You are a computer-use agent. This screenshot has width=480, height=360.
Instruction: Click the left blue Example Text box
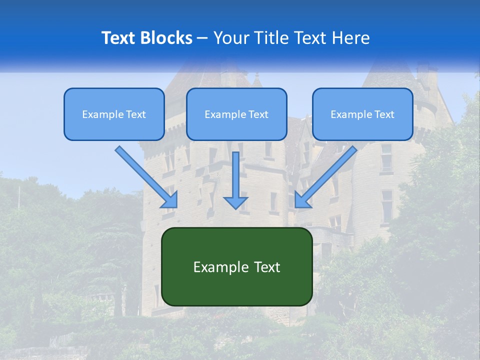point(114,114)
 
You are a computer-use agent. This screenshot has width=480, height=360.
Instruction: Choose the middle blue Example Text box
point(236,114)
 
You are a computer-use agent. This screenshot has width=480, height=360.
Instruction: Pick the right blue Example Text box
point(362,114)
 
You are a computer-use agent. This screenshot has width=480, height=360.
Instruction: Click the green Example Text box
point(236,266)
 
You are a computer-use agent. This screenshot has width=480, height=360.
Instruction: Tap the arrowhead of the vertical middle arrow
point(235,202)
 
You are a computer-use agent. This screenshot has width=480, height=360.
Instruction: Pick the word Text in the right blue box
point(384,114)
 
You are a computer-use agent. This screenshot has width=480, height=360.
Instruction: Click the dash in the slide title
point(202,38)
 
